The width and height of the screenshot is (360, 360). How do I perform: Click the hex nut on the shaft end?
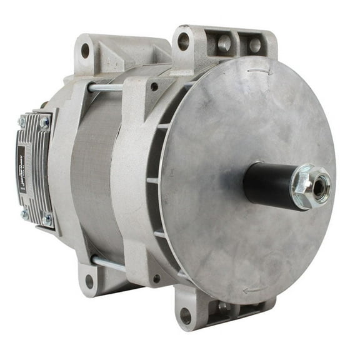pos(311,186)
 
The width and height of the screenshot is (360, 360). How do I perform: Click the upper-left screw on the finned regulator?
pos(21,121)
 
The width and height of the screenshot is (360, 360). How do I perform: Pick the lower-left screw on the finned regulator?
pos(24,214)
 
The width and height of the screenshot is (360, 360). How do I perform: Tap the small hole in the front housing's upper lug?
pos(154,87)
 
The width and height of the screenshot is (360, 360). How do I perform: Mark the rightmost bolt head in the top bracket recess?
pos(255,45)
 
